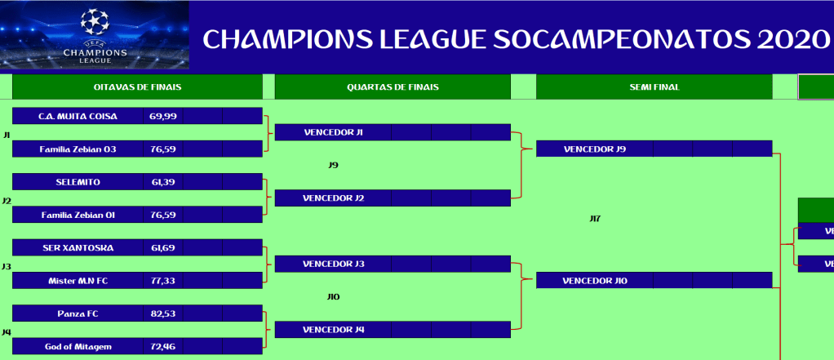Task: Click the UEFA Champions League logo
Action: pos(95,35)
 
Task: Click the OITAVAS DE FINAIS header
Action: pos(137,87)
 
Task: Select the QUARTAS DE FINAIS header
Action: pos(393,87)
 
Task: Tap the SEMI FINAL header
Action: pos(654,87)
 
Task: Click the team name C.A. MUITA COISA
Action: pos(78,116)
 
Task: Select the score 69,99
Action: pos(163,116)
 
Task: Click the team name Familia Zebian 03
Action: pos(78,149)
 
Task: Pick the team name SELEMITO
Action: pos(78,182)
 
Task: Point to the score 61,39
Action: pos(163,182)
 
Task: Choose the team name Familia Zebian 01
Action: pos(78,215)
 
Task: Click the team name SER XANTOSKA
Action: pos(78,248)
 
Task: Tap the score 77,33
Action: pos(163,281)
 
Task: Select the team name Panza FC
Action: pos(78,313)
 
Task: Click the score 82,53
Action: pos(163,313)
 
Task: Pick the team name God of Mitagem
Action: pos(78,347)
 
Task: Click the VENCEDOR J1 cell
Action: pos(334,132)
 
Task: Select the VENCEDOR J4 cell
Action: pos(334,330)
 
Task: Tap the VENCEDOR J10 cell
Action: pos(595,281)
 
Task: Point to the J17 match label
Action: pos(595,219)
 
